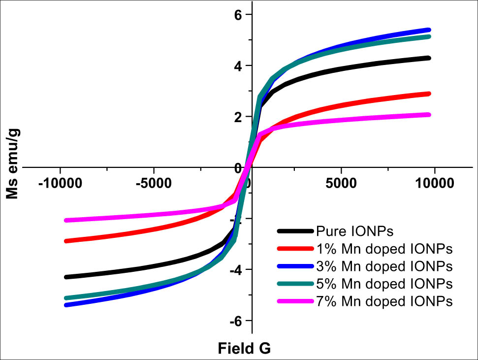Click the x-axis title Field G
coord(245,349)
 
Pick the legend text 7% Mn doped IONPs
coord(384,301)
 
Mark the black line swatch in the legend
coord(295,230)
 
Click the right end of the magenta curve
coord(430,115)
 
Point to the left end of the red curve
coord(66,241)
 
